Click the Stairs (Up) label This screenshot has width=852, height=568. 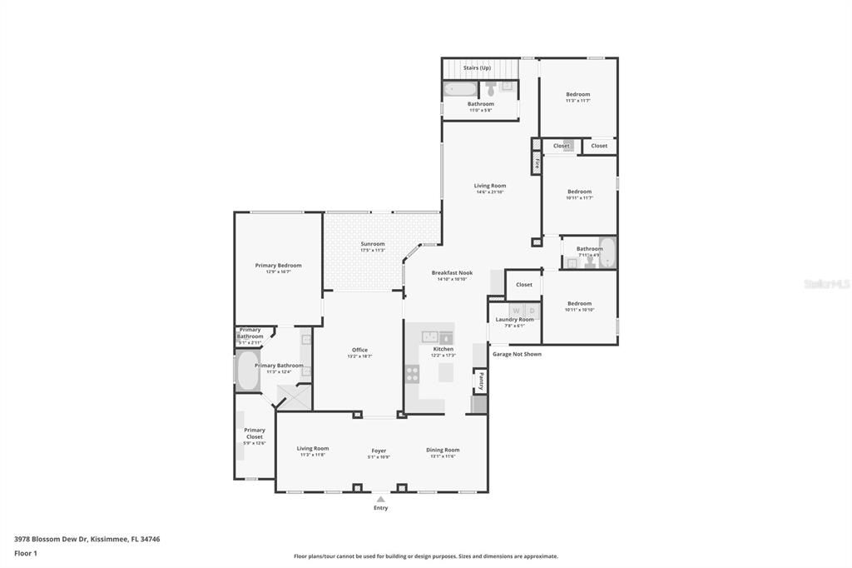pyautogui.click(x=477, y=67)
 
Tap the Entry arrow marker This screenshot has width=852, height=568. pyautogui.click(x=380, y=499)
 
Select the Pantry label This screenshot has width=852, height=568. pyautogui.click(x=481, y=381)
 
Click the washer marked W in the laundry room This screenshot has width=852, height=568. pyautogui.click(x=516, y=311)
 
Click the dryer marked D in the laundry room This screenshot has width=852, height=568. pyautogui.click(x=532, y=311)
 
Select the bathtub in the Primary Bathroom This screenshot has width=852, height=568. pyautogui.click(x=248, y=371)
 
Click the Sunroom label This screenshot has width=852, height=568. pyautogui.click(x=372, y=244)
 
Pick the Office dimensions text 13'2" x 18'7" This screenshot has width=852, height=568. pyautogui.click(x=359, y=356)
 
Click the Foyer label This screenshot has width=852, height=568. pyautogui.click(x=379, y=451)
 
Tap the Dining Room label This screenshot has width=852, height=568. pyautogui.click(x=443, y=450)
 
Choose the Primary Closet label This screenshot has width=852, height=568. pyautogui.click(x=255, y=433)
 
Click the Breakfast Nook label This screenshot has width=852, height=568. pyautogui.click(x=452, y=272)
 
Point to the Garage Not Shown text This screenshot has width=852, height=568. pyautogui.click(x=517, y=354)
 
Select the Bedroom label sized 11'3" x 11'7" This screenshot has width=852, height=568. pyautogui.click(x=577, y=94)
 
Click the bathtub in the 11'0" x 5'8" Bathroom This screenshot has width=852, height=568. pyautogui.click(x=459, y=88)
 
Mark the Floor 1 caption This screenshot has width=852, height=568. pyautogui.click(x=26, y=553)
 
